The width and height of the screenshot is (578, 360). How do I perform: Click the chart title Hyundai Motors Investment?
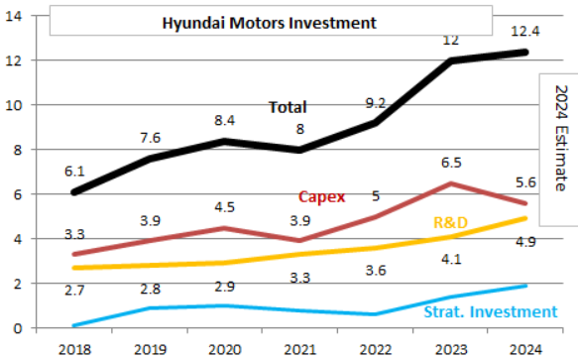coord(270,23)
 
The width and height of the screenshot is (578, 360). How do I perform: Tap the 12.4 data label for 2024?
coord(524,31)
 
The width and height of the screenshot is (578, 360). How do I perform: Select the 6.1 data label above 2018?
coord(74,172)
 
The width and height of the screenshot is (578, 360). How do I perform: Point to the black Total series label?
coord(288,107)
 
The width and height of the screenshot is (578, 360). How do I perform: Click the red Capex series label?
coord(322,196)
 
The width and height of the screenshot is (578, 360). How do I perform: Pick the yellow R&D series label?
coord(450,222)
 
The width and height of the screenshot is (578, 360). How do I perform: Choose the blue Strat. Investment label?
coord(491,311)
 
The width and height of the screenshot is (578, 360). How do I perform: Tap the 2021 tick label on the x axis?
coord(299,349)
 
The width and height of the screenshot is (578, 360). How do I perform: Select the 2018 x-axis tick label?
coord(74,349)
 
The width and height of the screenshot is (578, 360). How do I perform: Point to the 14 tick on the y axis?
coord(14,16)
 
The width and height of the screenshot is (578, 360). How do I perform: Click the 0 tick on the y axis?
coord(17,328)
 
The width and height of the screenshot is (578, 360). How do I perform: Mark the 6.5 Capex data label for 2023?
coord(451,163)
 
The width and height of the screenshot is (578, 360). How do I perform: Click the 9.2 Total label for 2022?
coord(376,103)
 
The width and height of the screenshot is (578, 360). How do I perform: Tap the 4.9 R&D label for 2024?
coord(525,242)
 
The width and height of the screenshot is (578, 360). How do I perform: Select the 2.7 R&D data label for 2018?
coord(74,291)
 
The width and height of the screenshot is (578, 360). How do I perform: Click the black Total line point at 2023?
coord(451,60)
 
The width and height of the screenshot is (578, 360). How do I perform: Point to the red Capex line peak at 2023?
coord(451,183)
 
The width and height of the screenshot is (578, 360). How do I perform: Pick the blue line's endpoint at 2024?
coord(524,286)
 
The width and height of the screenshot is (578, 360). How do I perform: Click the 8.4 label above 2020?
coord(224,120)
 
